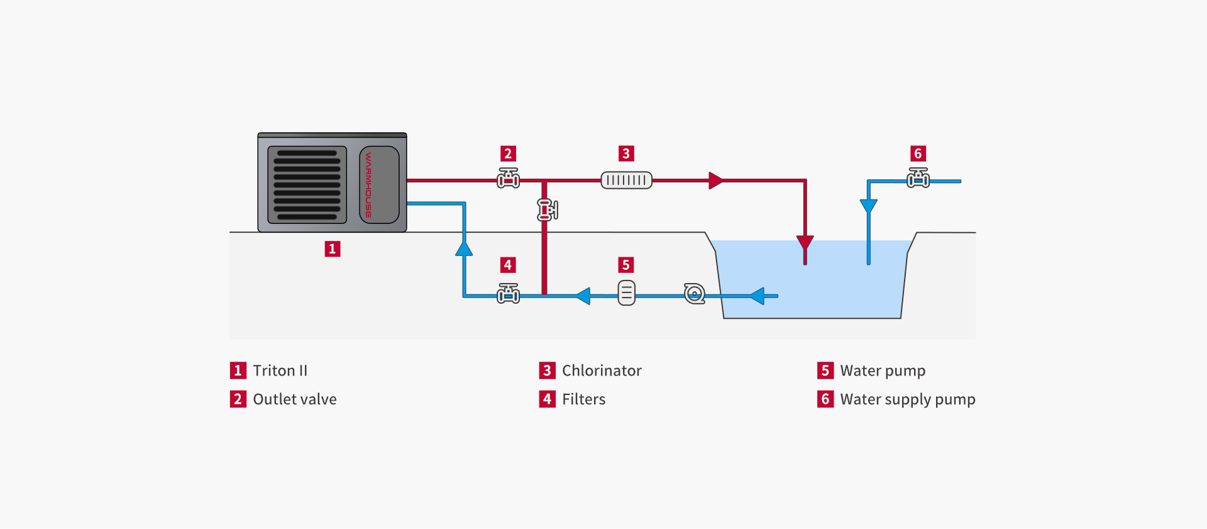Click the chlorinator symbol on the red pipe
click(x=626, y=181)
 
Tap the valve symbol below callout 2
click(x=508, y=178)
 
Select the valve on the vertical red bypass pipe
click(x=548, y=209)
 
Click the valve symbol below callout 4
click(x=508, y=293)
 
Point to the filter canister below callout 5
click(x=627, y=292)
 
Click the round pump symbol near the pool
click(x=695, y=293)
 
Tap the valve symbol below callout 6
click(x=918, y=178)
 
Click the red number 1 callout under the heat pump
click(x=333, y=249)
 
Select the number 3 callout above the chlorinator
click(x=626, y=153)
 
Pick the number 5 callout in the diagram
click(x=626, y=265)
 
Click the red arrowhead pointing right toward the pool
click(x=716, y=181)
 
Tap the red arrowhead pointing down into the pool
click(x=805, y=243)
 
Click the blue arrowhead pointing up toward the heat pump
click(x=464, y=248)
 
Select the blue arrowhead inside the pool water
click(x=757, y=296)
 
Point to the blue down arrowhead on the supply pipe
click(x=869, y=206)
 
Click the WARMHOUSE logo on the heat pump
click(x=368, y=185)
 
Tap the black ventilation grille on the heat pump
click(x=307, y=185)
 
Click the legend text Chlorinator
click(x=602, y=370)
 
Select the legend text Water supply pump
click(x=908, y=399)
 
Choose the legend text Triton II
click(x=280, y=370)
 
